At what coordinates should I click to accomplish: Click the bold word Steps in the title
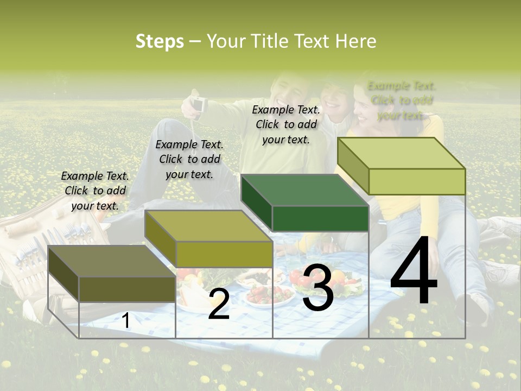(160, 41)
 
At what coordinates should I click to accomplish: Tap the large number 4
(414, 272)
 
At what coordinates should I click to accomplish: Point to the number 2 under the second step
(219, 305)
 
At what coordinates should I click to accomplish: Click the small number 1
(126, 321)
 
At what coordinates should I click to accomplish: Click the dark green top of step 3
(304, 190)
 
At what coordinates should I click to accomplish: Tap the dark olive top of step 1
(111, 261)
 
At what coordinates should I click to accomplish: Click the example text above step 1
(95, 191)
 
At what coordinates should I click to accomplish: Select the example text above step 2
(189, 159)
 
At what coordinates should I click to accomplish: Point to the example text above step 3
(286, 124)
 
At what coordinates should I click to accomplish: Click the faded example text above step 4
(402, 100)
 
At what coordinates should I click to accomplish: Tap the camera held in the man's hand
(199, 103)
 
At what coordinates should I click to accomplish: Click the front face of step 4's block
(417, 182)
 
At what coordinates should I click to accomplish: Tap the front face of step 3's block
(320, 219)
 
